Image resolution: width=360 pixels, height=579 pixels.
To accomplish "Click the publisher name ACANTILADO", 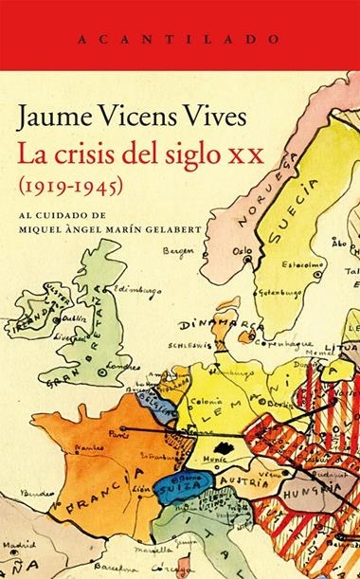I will coord(179,41).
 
